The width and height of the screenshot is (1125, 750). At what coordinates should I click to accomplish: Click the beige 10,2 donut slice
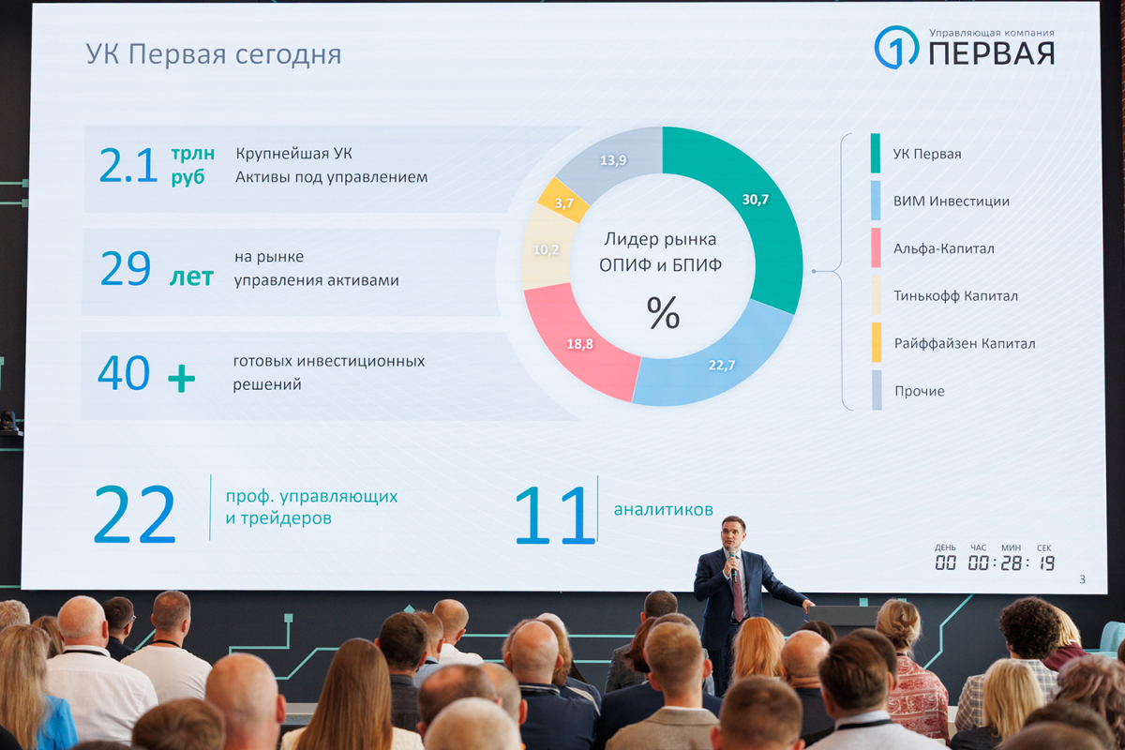[546, 249]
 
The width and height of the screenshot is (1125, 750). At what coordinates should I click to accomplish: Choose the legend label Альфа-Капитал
[944, 248]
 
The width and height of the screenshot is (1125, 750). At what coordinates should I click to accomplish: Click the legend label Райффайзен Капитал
[965, 344]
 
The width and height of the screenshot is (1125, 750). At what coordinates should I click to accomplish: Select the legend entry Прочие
[919, 391]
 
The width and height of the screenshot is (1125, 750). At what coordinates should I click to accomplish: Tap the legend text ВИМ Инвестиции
[952, 201]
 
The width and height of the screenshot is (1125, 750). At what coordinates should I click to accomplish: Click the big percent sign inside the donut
[663, 312]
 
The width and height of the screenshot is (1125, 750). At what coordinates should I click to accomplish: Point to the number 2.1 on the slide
[128, 165]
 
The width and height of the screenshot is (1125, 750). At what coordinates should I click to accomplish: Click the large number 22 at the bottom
[135, 515]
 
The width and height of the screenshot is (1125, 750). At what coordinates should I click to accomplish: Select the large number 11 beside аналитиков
[555, 515]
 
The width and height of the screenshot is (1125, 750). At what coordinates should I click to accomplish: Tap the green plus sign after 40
[181, 378]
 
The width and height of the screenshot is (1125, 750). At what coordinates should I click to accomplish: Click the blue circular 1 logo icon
[896, 47]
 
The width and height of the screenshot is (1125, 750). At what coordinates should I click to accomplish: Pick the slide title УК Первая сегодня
[214, 54]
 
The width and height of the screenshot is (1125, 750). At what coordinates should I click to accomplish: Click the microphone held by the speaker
[733, 566]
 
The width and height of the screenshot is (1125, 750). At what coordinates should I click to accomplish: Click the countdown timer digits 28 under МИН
[1011, 563]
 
